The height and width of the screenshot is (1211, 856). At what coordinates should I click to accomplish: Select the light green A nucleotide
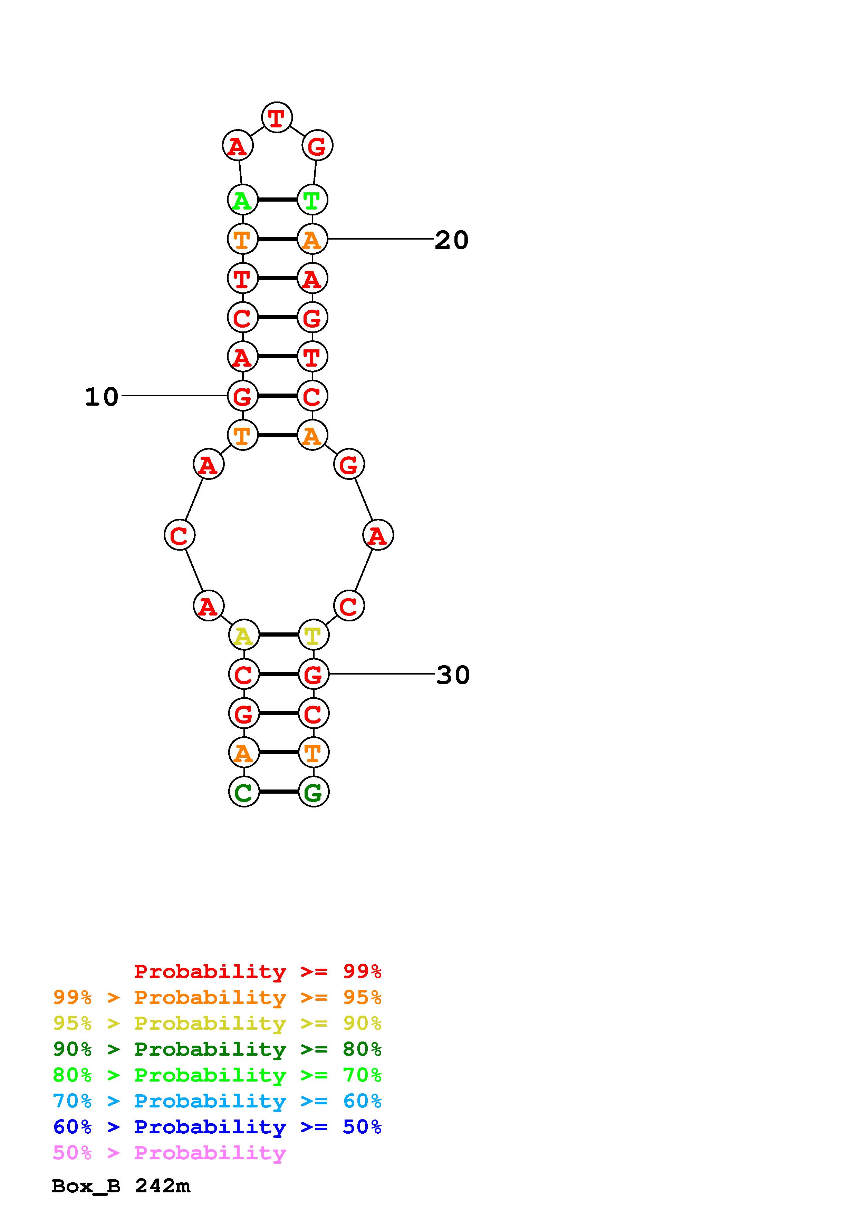point(242,200)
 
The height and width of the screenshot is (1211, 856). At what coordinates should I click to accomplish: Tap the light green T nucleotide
point(312,200)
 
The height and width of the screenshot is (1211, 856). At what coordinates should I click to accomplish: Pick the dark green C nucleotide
point(244,791)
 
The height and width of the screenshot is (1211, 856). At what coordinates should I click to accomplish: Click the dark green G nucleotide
point(313,791)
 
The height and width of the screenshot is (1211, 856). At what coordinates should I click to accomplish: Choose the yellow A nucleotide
point(244,634)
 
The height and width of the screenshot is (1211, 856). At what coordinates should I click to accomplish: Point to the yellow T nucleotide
point(313,634)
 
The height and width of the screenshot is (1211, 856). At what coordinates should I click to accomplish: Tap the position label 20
point(451,240)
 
